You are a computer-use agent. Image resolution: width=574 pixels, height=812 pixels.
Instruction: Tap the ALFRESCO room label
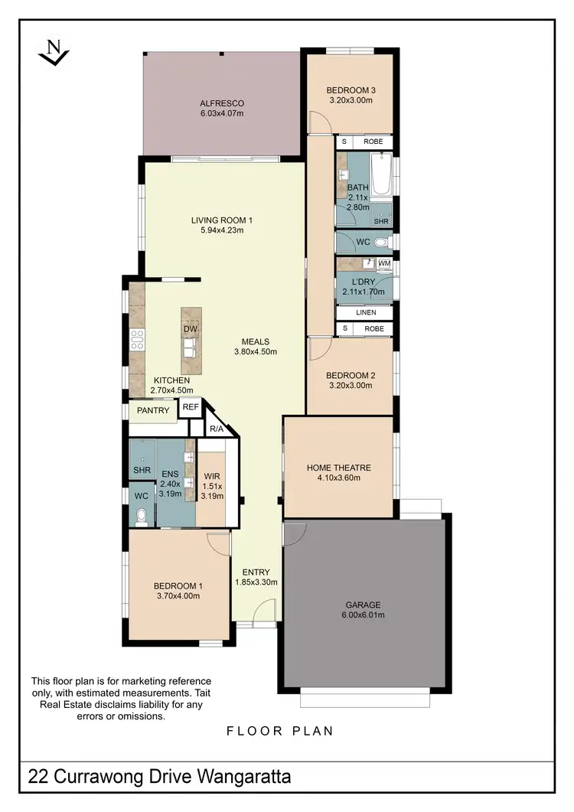[x=221, y=103]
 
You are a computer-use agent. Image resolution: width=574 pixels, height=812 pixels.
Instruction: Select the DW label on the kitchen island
[x=191, y=329]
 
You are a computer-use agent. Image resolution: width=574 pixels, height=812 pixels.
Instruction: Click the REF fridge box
[x=191, y=408]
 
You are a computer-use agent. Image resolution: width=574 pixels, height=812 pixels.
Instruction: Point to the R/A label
[x=217, y=429]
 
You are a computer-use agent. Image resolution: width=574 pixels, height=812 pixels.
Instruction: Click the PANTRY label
[x=153, y=411]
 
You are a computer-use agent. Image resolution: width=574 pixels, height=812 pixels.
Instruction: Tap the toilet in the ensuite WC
[x=140, y=518]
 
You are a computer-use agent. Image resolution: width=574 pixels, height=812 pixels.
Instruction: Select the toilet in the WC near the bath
[x=388, y=242]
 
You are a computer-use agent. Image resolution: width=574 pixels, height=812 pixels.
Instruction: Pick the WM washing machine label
[x=384, y=264]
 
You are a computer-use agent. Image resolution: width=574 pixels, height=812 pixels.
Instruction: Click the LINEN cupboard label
[x=365, y=312]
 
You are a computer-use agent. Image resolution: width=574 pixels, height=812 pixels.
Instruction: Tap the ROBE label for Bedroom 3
[x=373, y=142]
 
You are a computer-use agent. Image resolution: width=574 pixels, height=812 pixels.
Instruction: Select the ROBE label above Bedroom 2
[x=373, y=329]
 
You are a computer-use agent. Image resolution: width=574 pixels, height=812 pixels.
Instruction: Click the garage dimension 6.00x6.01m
[x=363, y=615]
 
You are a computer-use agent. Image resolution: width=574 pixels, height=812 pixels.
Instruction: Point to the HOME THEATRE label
[x=338, y=468]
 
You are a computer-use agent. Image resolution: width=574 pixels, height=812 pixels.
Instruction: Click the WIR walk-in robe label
[x=212, y=475]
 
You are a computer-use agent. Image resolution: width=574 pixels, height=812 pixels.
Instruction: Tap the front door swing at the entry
[x=264, y=612]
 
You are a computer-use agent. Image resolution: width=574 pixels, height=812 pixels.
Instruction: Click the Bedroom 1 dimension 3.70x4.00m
[x=178, y=596]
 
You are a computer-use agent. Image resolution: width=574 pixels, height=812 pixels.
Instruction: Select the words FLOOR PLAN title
[x=280, y=731]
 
